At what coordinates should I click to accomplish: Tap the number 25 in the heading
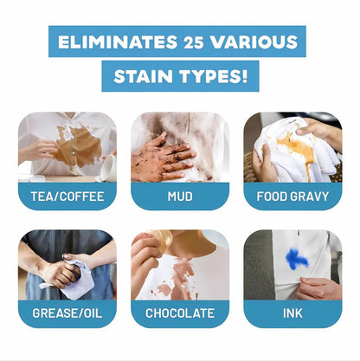(198, 42)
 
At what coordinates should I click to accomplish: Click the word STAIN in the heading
(143, 76)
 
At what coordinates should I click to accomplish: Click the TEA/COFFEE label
(67, 196)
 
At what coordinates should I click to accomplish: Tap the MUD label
(180, 196)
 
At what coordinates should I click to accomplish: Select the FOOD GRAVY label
(292, 196)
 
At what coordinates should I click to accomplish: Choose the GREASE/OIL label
(67, 313)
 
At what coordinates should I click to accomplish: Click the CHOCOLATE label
(180, 313)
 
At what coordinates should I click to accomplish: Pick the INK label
(292, 313)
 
